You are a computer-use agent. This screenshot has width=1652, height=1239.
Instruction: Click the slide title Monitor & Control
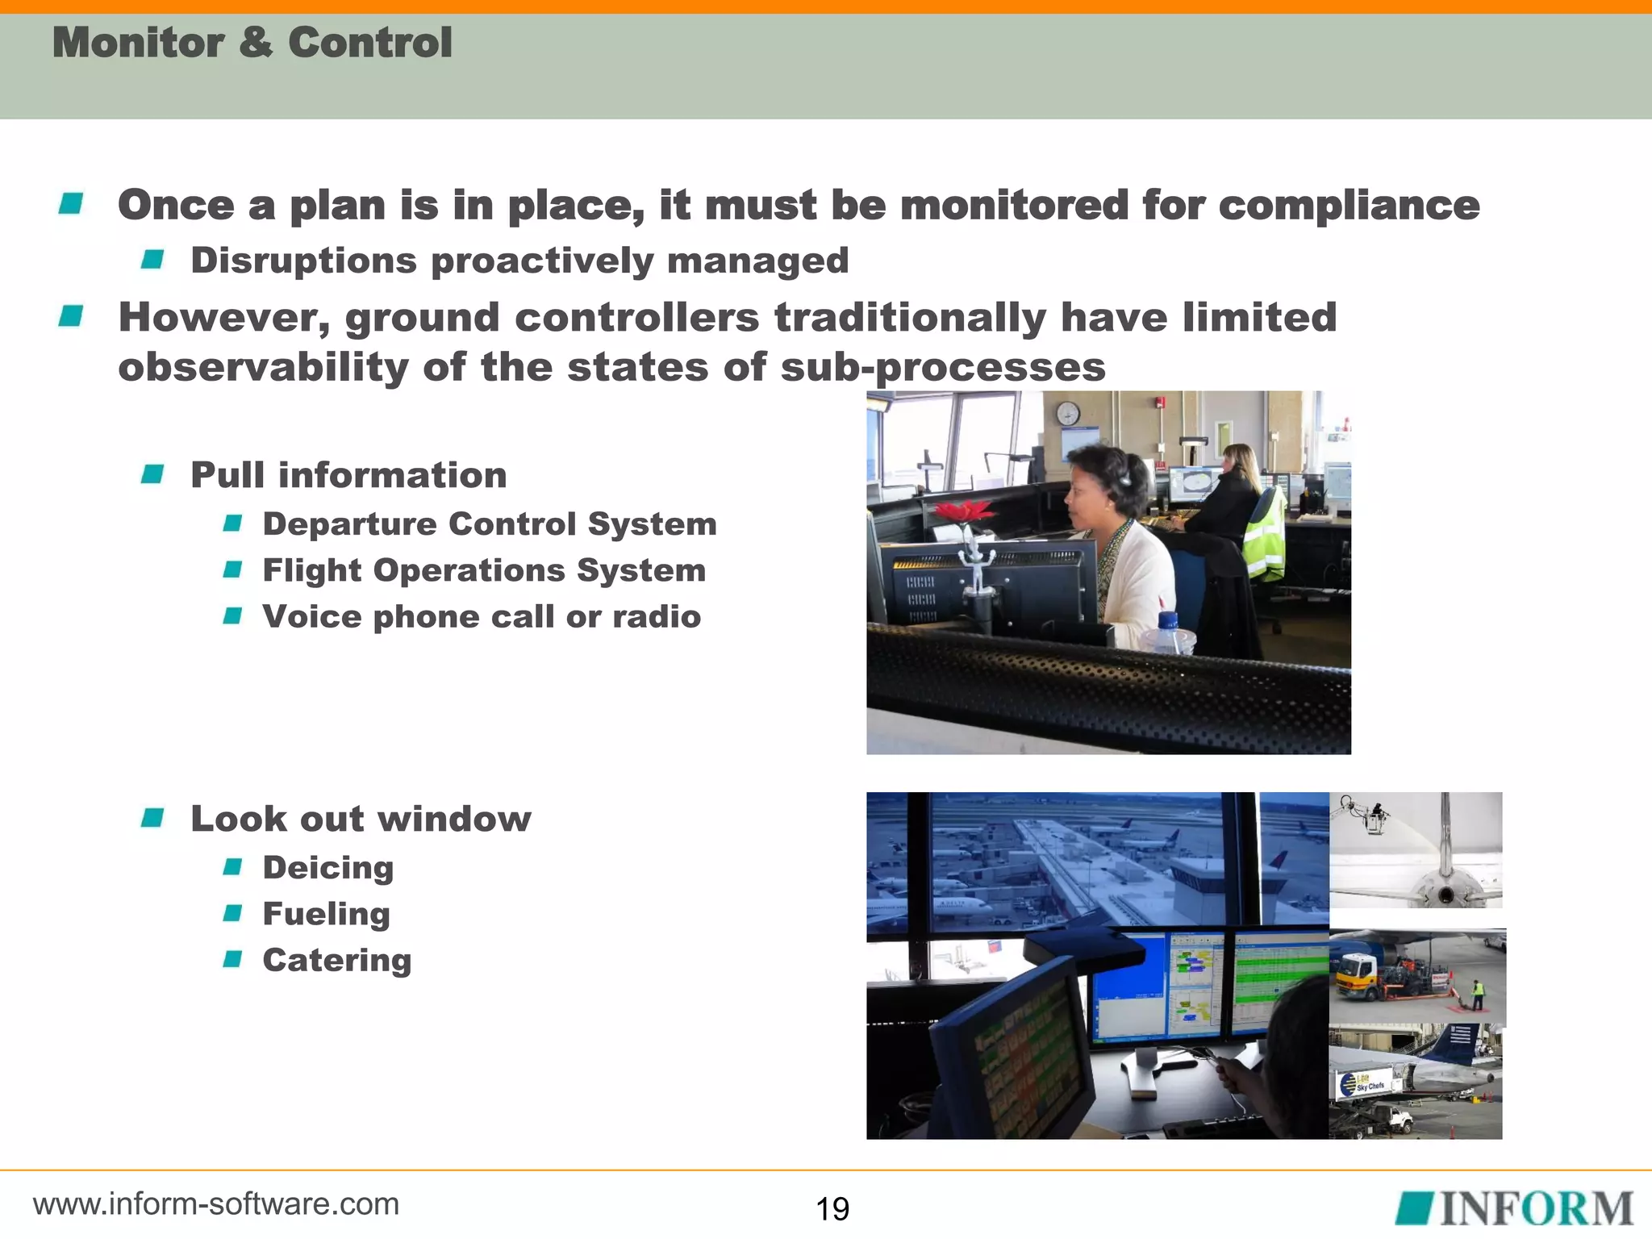pyautogui.click(x=252, y=43)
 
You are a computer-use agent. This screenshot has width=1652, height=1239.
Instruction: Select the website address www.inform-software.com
pyautogui.click(x=216, y=1204)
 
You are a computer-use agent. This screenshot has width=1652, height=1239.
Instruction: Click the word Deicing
pyautogui.click(x=328, y=868)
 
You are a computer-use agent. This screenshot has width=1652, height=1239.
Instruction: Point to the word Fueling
pyautogui.click(x=326, y=914)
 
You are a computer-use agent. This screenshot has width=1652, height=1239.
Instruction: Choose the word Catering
pyautogui.click(x=337, y=960)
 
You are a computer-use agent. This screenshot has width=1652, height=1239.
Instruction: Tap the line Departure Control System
pyautogui.click(x=490, y=524)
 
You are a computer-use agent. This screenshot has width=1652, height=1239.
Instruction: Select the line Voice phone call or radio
pyautogui.click(x=482, y=617)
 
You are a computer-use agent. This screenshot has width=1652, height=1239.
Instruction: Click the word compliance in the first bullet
pyautogui.click(x=1349, y=205)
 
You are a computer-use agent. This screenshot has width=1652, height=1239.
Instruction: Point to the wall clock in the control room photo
pyautogui.click(x=1067, y=414)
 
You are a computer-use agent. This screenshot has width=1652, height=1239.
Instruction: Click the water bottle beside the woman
pyautogui.click(x=1169, y=633)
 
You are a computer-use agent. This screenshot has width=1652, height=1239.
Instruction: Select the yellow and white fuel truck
pyautogui.click(x=1363, y=974)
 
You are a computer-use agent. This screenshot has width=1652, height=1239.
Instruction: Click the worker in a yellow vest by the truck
pyautogui.click(x=1477, y=995)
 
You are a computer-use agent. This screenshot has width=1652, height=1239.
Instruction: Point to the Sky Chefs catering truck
pyautogui.click(x=1363, y=1085)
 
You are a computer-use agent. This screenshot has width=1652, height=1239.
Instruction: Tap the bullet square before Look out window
pyautogui.click(x=152, y=818)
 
